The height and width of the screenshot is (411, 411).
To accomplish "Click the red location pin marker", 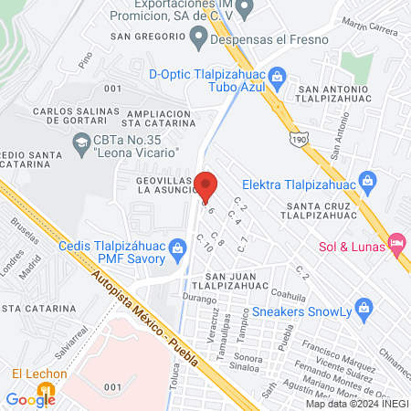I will (x=205, y=185).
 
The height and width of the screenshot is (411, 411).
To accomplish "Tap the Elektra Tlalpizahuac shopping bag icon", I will (x=367, y=179).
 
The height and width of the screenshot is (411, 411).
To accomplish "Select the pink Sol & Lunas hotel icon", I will (x=395, y=242).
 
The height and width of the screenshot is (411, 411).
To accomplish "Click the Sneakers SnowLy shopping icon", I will (x=364, y=306).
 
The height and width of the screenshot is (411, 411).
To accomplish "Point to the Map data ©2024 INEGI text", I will (x=356, y=404).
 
